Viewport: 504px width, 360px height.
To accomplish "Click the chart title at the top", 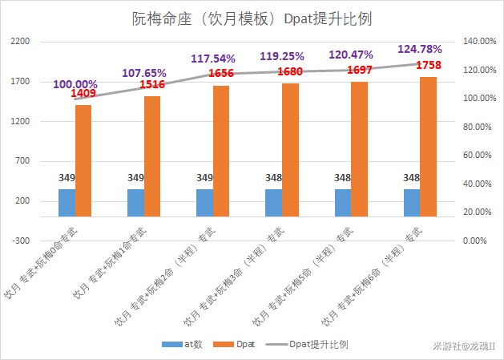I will point(252,18).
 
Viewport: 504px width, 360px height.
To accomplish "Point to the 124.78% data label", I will point(420,50).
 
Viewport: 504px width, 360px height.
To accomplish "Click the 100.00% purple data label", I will point(75,84).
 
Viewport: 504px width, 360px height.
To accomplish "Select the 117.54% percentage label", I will point(213,59).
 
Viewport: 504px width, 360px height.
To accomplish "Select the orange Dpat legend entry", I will point(244,344).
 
